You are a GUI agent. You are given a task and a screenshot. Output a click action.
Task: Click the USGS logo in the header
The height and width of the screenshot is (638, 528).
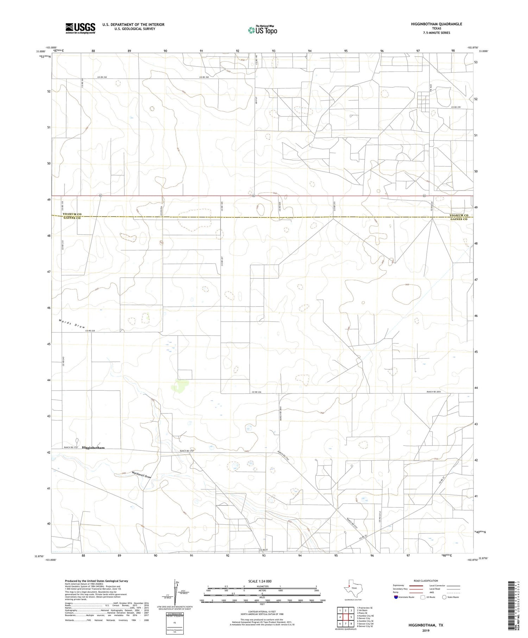click(80, 28)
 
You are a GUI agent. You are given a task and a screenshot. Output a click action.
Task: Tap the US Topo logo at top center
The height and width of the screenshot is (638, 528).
click(262, 30)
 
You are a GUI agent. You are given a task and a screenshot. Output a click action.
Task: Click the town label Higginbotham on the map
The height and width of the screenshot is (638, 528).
click(93, 448)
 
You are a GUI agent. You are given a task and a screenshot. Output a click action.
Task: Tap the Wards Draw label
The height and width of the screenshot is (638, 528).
click(72, 323)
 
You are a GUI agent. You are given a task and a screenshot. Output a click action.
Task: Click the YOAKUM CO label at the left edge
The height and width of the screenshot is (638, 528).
click(72, 214)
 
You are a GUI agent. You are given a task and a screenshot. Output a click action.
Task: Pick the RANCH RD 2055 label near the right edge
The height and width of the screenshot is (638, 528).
click(434, 392)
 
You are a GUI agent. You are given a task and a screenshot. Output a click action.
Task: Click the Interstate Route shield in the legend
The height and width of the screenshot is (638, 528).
click(396, 597)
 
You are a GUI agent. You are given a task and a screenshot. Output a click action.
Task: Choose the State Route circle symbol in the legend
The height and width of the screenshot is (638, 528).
click(444, 597)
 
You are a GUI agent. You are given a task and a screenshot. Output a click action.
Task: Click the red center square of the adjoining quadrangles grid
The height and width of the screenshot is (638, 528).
click(346, 617)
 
